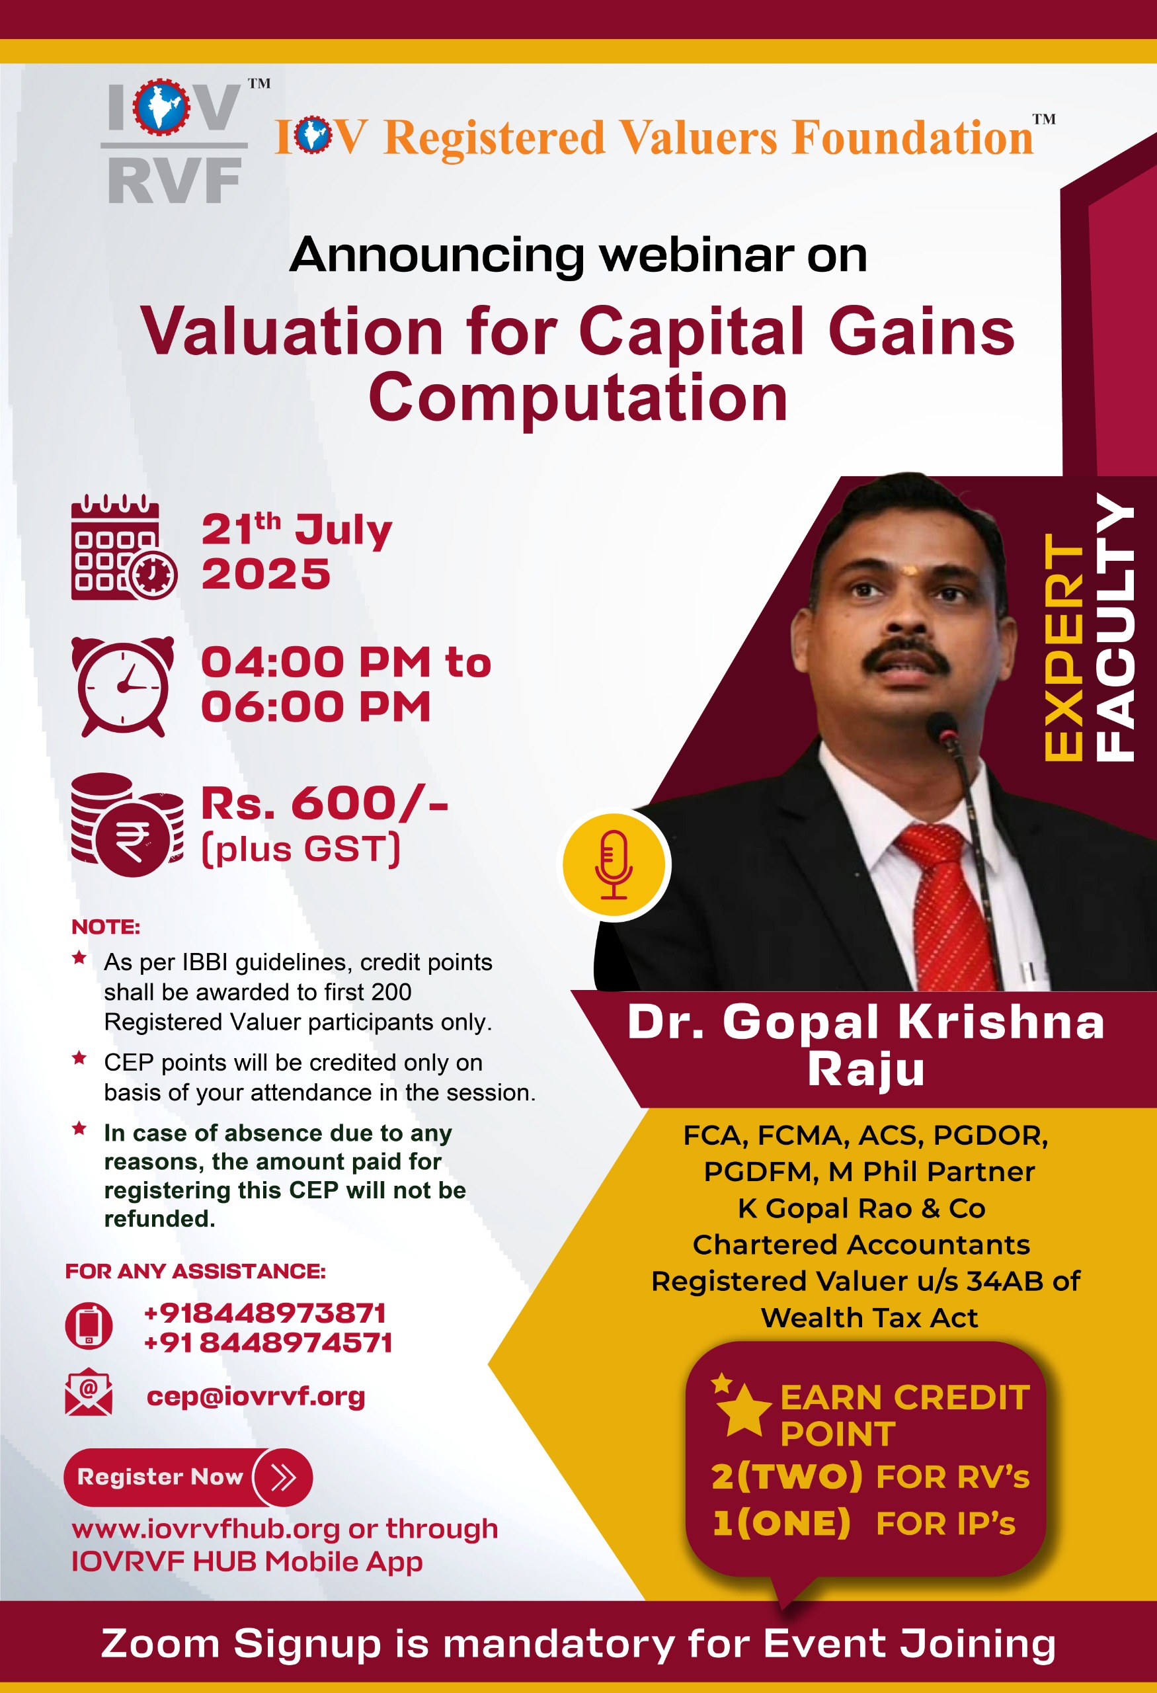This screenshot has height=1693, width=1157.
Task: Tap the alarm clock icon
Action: [x=123, y=687]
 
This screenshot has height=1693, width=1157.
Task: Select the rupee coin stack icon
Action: [x=127, y=825]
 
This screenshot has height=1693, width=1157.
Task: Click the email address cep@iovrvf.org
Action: [x=256, y=1396]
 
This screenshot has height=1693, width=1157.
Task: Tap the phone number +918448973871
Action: [x=265, y=1313]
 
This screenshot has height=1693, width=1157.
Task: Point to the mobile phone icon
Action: [x=89, y=1325]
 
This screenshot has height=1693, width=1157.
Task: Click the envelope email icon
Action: [x=89, y=1392]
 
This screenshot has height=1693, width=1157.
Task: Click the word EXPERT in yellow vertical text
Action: [x=1064, y=647]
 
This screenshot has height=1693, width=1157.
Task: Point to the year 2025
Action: [x=266, y=574]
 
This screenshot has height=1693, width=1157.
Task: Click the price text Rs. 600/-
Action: [x=324, y=804]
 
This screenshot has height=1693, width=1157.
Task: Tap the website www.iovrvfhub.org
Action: [x=206, y=1529]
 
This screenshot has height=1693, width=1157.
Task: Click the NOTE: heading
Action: [x=106, y=927]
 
